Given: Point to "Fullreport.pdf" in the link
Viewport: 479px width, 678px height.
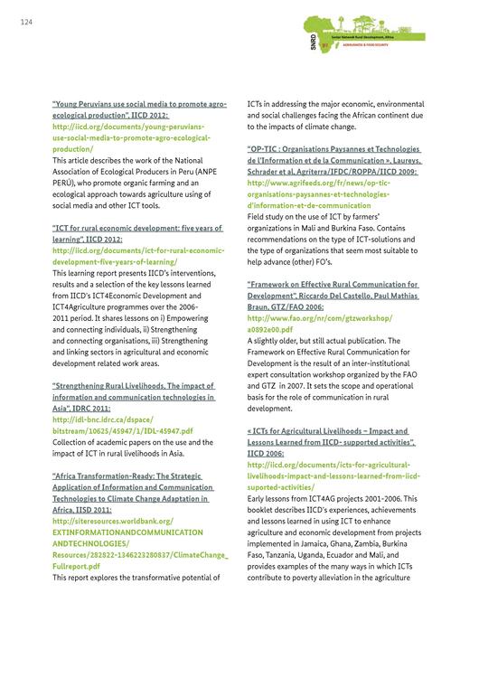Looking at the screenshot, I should pos(76,565).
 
